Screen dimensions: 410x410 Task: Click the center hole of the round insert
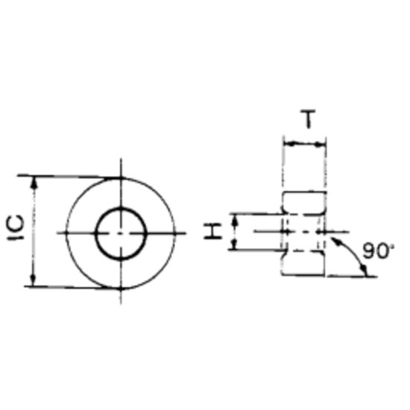[121, 232]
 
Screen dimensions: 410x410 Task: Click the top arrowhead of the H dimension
[236, 217]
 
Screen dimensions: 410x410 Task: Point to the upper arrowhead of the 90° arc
[337, 241]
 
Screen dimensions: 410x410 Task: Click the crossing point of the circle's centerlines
[121, 233]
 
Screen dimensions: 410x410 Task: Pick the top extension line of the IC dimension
[75, 177]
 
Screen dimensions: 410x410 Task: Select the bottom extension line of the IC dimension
[75, 286]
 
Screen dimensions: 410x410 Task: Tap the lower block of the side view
[304, 262]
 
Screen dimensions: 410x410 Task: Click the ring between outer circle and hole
[82, 233]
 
